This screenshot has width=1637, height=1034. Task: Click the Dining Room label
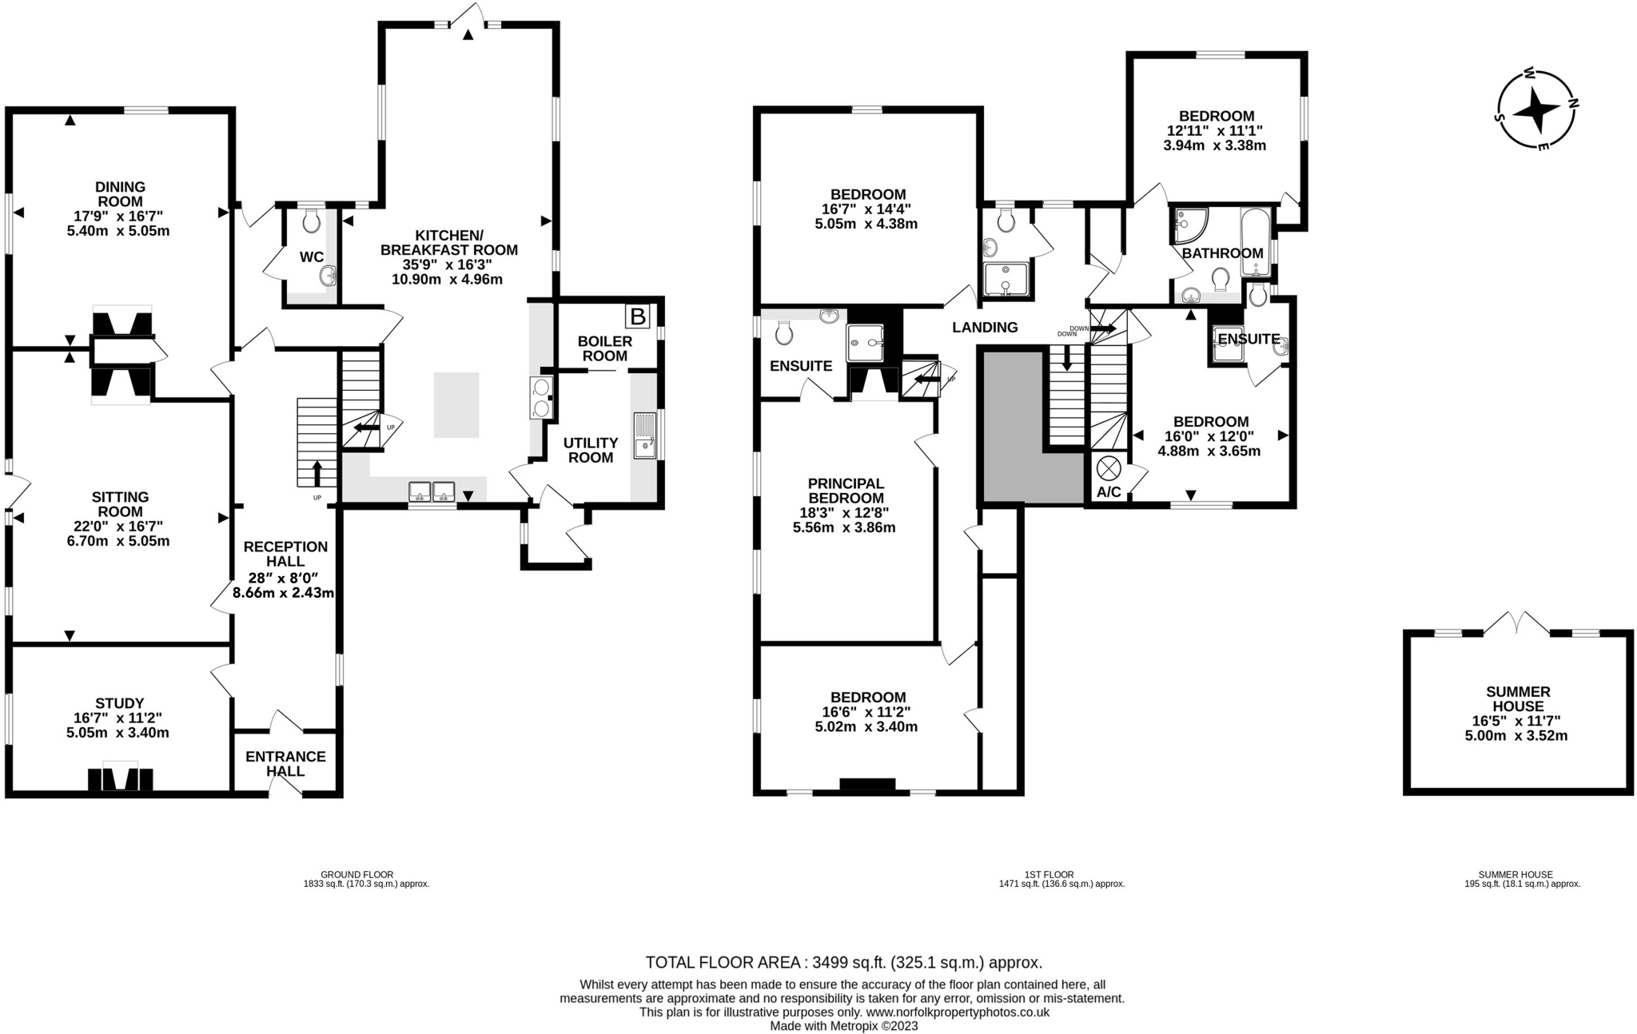(x=120, y=194)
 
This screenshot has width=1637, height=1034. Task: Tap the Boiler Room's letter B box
(x=638, y=317)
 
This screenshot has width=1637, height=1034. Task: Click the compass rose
(x=1535, y=109)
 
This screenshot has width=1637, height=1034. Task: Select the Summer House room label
(x=1518, y=699)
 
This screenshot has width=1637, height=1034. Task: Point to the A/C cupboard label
(x=1108, y=492)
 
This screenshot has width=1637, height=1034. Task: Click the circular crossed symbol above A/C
(x=1109, y=467)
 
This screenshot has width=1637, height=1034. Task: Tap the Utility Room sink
(x=645, y=435)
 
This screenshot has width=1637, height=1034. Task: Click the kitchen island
(x=456, y=405)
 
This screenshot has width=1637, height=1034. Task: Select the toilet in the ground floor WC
(x=311, y=219)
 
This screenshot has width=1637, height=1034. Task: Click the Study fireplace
(x=120, y=779)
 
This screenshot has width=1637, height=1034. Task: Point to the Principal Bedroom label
(x=845, y=491)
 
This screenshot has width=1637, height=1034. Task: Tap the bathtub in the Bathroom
(x=1256, y=242)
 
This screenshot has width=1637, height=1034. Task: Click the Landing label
(x=985, y=327)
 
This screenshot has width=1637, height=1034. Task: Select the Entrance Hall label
(x=285, y=764)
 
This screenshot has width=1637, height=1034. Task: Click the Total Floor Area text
(x=844, y=962)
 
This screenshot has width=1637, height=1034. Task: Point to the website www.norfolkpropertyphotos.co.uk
(x=958, y=1012)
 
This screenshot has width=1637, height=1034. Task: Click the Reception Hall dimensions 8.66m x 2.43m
(x=283, y=593)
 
